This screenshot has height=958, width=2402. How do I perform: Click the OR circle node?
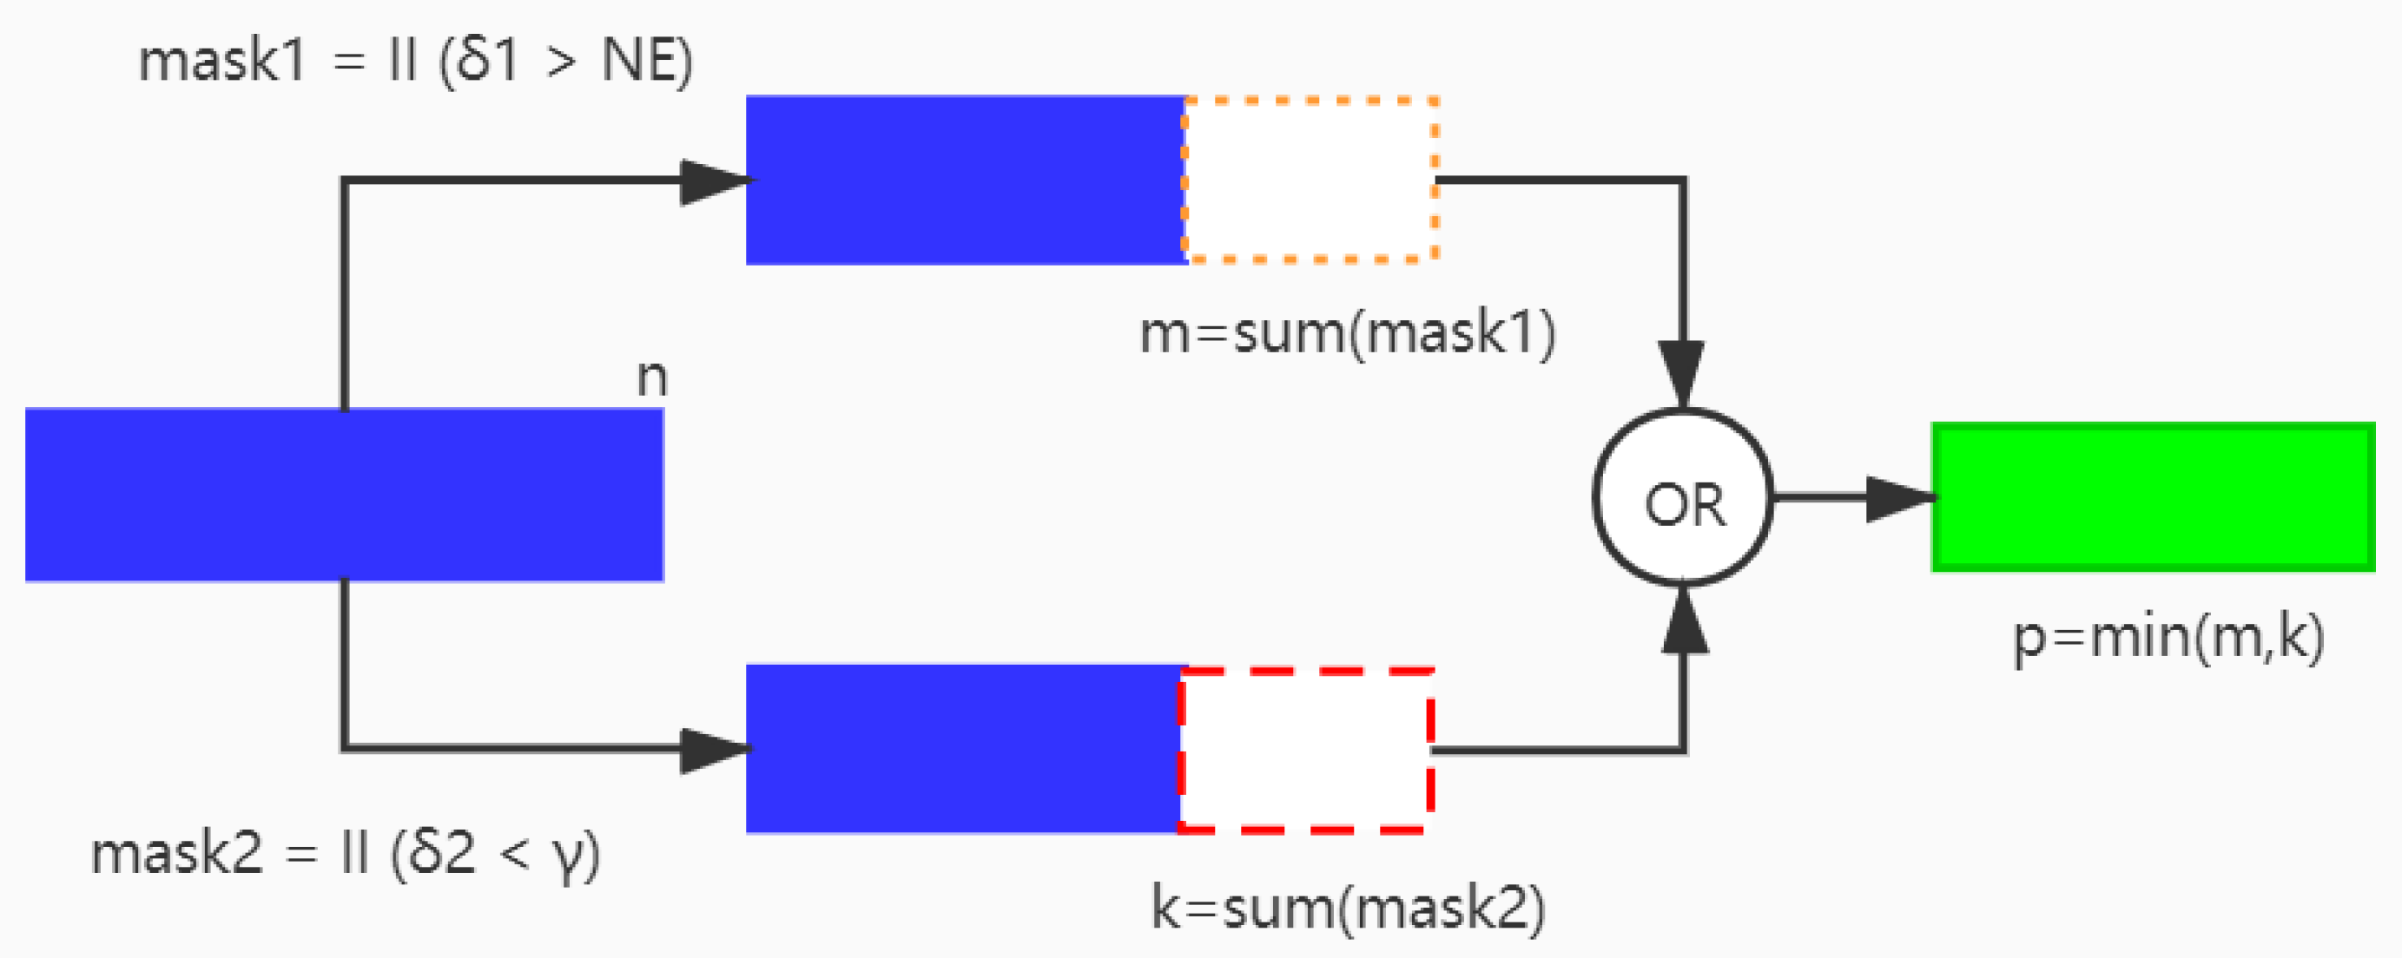[1683, 497]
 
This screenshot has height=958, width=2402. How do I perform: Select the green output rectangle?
[2152, 496]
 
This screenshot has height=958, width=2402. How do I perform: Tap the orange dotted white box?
[1310, 179]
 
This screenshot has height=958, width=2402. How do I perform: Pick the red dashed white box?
[1305, 748]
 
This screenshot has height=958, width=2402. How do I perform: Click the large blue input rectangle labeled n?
[344, 495]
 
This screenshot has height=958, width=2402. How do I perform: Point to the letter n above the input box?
[652, 377]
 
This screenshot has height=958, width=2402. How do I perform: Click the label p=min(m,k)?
[2168, 640]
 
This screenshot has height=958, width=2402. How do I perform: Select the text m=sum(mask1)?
[1348, 332]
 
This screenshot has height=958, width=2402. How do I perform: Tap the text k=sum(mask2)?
[1348, 907]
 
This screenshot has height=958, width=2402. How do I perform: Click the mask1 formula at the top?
[415, 62]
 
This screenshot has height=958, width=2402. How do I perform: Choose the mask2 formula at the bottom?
[345, 854]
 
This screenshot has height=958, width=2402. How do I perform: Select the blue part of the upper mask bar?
[965, 180]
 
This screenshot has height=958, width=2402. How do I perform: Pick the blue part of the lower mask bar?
[962, 748]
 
